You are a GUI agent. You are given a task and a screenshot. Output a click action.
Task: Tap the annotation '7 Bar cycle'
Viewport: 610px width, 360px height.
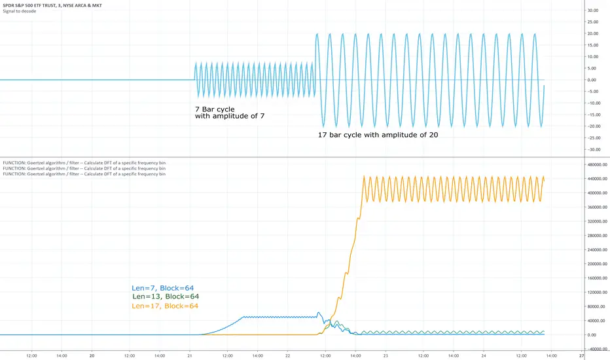click(x=215, y=109)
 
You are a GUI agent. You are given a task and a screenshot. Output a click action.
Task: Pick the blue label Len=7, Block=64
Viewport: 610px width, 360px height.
click(x=162, y=288)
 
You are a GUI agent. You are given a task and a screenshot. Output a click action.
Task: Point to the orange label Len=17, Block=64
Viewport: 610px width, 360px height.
click(x=165, y=306)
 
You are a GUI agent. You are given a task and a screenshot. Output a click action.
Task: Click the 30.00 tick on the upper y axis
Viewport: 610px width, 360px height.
click(x=594, y=10)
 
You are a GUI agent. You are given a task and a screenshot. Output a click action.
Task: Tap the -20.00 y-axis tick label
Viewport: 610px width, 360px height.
click(x=593, y=126)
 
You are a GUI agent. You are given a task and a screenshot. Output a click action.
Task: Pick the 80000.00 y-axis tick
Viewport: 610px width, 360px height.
click(x=596, y=306)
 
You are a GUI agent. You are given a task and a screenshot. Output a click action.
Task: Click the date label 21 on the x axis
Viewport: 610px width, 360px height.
click(x=190, y=355)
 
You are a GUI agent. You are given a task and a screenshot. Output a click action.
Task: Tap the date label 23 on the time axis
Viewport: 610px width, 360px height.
click(x=386, y=355)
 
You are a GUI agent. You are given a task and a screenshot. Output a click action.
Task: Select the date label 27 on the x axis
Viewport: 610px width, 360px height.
click(x=582, y=355)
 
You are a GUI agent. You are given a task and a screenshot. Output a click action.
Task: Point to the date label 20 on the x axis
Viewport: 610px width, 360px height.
click(x=92, y=355)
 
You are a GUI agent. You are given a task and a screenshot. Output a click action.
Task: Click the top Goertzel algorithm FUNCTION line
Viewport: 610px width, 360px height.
click(x=84, y=162)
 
